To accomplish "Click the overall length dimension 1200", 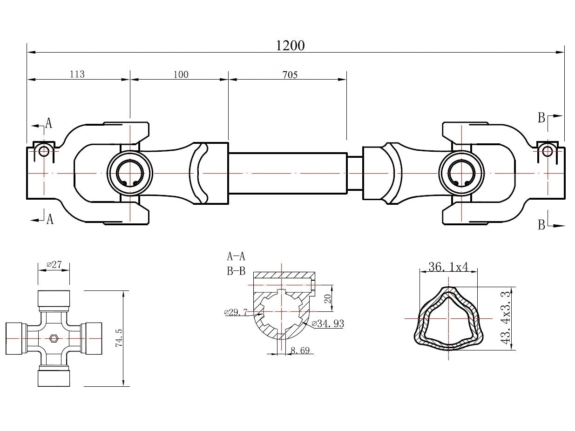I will click(x=290, y=45).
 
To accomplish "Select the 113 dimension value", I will click(x=77, y=74).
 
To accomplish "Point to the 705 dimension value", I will click(x=289, y=74).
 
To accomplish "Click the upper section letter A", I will click(x=48, y=123).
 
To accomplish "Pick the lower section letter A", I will click(x=50, y=219).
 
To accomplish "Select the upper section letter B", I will click(x=541, y=118).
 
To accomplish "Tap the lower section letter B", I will click(x=541, y=225).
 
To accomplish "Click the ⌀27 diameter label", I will click(x=54, y=265).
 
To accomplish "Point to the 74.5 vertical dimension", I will click(x=119, y=338).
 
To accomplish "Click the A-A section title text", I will click(x=236, y=256).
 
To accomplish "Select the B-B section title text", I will click(x=236, y=271).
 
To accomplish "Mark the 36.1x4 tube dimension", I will click(x=447, y=267).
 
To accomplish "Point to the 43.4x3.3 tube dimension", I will click(x=507, y=317).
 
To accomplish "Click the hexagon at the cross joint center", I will click(x=53, y=338).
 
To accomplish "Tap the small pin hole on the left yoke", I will click(x=44, y=151).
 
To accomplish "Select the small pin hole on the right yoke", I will click(x=548, y=151).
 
